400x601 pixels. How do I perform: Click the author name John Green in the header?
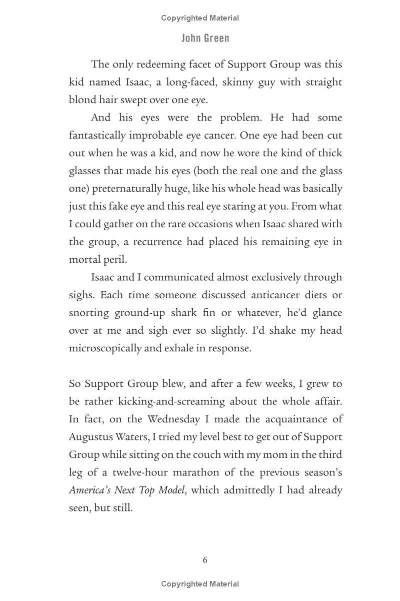pos(205,38)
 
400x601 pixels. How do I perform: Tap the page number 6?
pos(205,560)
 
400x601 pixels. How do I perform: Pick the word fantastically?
pos(97,136)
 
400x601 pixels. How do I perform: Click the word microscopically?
pos(105,348)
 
